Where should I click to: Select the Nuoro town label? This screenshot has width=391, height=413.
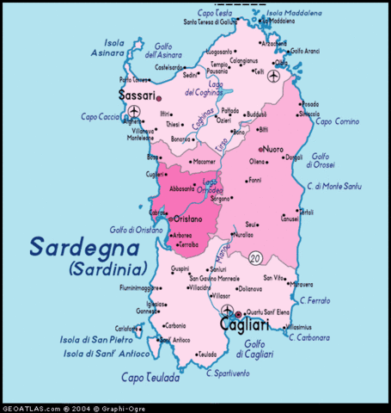(274, 148)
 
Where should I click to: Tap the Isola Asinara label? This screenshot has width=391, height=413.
(114, 46)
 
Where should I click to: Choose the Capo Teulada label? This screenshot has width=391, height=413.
(150, 377)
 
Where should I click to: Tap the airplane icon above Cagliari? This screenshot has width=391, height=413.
(226, 310)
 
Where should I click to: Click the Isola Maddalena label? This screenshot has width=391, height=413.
(296, 14)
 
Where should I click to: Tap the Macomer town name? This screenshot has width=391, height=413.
(205, 161)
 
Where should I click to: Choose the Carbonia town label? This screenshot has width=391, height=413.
(175, 325)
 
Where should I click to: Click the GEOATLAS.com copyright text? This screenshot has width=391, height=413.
(69, 407)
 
